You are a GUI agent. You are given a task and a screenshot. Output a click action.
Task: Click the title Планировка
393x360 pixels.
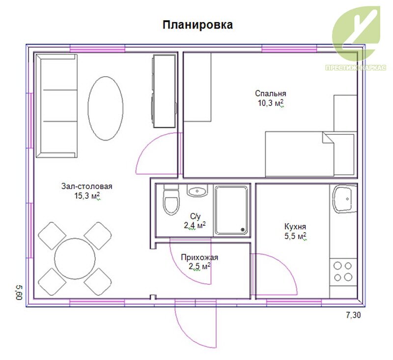[x=198, y=25]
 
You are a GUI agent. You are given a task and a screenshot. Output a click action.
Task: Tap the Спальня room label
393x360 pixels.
[x=271, y=93]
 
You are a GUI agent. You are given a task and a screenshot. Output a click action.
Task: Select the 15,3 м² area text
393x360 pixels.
[x=87, y=196]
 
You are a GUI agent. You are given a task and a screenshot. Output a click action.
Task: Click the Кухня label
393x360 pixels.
[x=295, y=227]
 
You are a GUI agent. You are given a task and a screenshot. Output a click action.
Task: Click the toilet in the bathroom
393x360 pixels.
[x=171, y=200]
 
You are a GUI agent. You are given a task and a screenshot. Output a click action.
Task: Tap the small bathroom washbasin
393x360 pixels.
[x=197, y=191]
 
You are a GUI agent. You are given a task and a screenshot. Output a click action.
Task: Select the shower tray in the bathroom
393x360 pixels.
[x=231, y=210]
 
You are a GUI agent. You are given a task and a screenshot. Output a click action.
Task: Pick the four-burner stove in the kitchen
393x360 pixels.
[x=343, y=272]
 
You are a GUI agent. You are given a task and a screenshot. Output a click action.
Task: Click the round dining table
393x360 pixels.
[x=75, y=258]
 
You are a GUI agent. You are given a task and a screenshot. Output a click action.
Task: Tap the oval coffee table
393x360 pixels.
[x=106, y=108]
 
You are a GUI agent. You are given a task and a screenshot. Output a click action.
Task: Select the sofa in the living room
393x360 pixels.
[x=56, y=106]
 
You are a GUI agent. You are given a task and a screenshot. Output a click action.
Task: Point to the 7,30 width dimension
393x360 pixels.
[x=353, y=315]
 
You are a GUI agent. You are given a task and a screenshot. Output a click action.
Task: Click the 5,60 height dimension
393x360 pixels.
[x=20, y=292]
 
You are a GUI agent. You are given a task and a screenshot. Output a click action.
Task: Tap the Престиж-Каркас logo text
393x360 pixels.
[x=356, y=67]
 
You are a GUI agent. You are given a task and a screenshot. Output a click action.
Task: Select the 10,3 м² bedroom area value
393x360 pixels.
[x=271, y=103]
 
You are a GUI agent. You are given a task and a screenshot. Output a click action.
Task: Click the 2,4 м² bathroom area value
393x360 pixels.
[x=195, y=225]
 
